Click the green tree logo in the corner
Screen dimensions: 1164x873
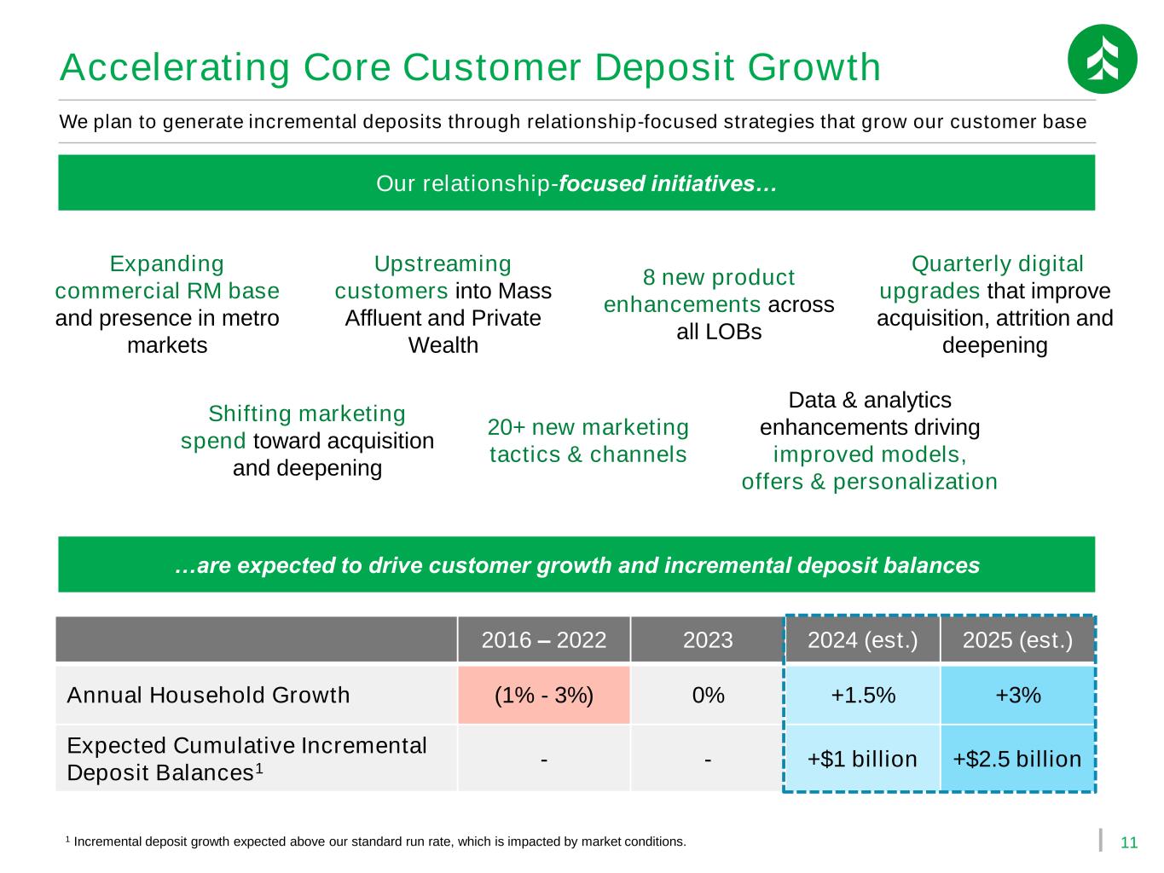1102,59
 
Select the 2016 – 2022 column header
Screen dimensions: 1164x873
543,639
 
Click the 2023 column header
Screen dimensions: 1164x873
708,639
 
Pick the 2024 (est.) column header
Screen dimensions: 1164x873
862,639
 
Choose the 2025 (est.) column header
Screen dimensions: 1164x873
1017,639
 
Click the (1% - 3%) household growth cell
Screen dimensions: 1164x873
543,695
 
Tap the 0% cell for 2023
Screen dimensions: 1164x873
708,695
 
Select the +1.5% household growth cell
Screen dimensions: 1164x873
862,695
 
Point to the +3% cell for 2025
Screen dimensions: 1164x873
1017,695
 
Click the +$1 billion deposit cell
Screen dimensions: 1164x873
862,759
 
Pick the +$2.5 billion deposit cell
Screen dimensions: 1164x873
1017,759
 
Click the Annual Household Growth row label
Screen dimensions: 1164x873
208,695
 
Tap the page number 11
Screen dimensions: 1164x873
1128,842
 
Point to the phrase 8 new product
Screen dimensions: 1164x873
719,277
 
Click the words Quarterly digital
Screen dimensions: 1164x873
997,264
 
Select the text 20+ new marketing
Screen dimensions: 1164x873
588,426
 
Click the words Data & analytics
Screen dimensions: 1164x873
870,400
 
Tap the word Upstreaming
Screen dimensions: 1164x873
443,264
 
